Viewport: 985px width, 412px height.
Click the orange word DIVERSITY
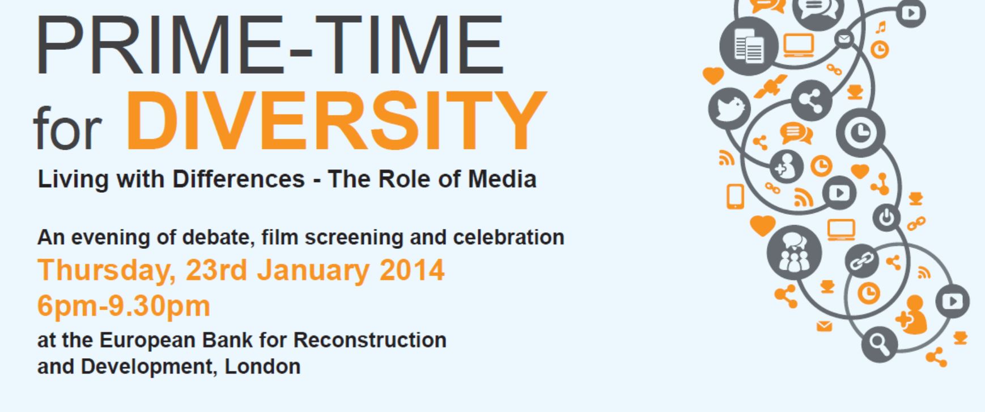click(x=336, y=120)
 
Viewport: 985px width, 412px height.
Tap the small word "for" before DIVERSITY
click(x=67, y=128)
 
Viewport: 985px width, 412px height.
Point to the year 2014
click(x=412, y=270)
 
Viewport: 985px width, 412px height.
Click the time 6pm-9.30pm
click(x=124, y=307)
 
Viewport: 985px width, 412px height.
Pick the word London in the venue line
click(x=262, y=366)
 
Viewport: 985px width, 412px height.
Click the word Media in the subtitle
click(x=502, y=179)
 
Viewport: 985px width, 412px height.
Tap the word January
click(x=313, y=271)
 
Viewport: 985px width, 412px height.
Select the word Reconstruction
click(x=370, y=340)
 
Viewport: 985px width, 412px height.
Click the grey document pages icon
click(x=749, y=46)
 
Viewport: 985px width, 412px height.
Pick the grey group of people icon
click(x=794, y=253)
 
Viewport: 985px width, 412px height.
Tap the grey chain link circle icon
click(x=861, y=261)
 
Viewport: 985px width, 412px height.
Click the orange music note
click(x=880, y=27)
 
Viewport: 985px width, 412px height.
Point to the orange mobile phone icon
click(x=735, y=197)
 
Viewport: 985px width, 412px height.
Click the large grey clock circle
click(x=860, y=133)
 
